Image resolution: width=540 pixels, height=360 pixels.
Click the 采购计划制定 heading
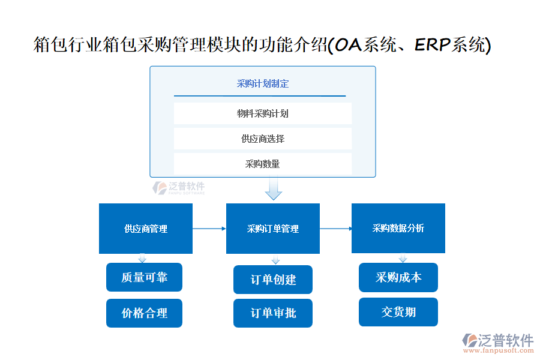263,84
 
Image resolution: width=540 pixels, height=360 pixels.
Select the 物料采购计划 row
263,113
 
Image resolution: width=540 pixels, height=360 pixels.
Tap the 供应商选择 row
263,139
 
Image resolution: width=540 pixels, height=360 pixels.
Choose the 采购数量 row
263,164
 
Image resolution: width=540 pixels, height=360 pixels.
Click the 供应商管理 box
146,229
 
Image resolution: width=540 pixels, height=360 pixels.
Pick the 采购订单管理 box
273,229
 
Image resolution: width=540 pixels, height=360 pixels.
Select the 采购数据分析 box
398,228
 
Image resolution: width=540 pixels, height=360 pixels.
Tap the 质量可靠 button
144,277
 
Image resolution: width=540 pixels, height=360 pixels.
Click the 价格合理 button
144,313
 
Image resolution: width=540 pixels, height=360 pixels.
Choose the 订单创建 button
273,280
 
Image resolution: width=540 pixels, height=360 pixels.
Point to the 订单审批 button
273,313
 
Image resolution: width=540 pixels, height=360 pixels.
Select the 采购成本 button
398,277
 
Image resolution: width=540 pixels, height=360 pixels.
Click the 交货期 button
398,312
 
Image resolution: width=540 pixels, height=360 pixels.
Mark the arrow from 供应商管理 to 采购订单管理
209,229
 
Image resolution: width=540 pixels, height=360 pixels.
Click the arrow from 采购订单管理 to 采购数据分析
335,229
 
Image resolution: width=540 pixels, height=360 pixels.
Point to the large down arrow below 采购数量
273,190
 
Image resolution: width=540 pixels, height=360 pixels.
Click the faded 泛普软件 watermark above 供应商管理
179,188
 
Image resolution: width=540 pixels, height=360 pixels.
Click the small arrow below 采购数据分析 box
403,258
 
